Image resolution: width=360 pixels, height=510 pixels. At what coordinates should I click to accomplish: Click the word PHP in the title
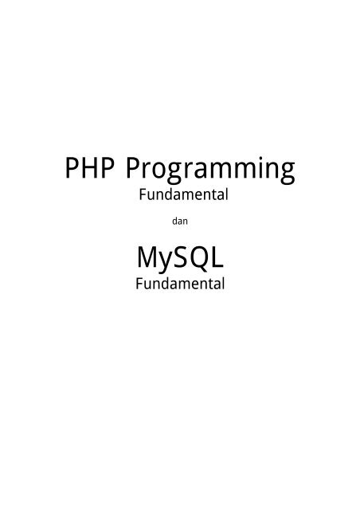90,168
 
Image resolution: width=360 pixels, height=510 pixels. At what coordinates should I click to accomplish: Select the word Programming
210,170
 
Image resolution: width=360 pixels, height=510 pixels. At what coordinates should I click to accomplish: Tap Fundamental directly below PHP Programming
183,194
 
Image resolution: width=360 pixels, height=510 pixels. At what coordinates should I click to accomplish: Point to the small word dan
180,222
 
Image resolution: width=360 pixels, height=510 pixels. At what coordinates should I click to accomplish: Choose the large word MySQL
180,258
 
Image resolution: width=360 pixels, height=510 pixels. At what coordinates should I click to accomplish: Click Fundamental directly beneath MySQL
180,284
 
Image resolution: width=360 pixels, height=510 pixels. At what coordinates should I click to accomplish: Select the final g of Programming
287,174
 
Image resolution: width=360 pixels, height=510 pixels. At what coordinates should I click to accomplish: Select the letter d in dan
175,222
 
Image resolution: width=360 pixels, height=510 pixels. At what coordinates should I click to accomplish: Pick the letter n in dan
186,222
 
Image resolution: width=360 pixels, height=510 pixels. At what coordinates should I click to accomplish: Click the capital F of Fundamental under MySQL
139,284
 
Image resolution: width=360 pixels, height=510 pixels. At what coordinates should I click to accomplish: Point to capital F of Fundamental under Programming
143,194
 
